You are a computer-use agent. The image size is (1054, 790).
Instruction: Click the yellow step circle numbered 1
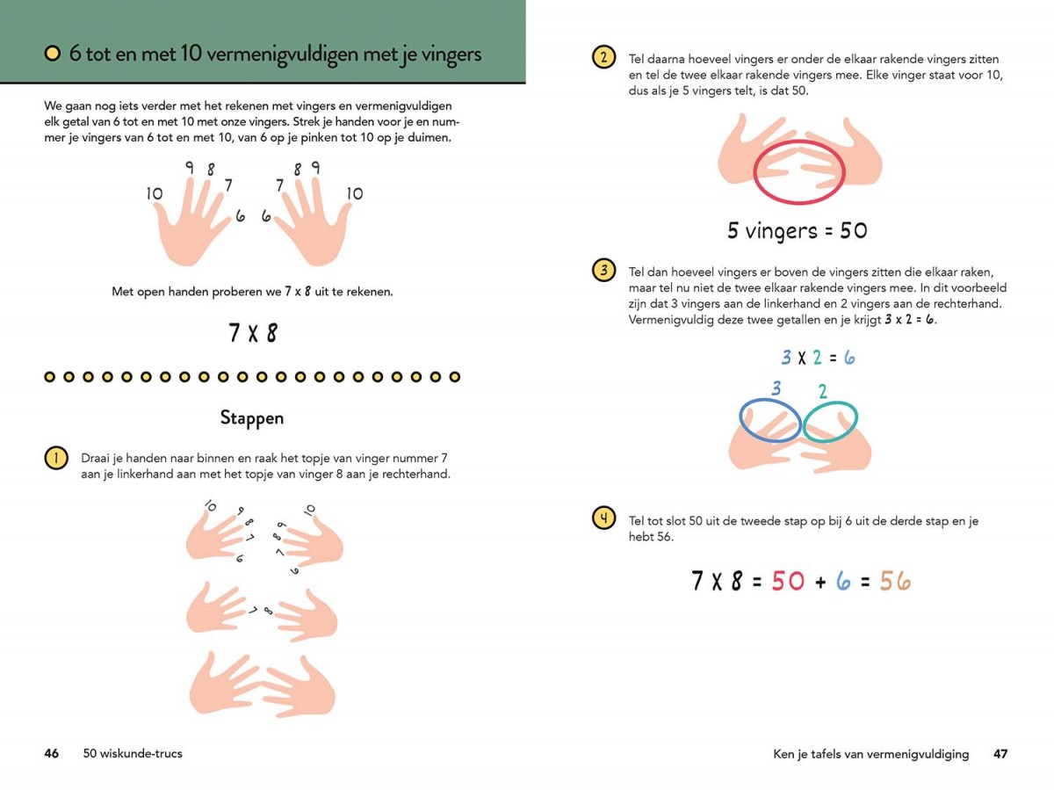click(56, 458)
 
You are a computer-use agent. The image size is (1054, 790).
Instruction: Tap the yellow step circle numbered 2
click(603, 57)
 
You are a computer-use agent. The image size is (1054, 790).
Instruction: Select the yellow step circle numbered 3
click(603, 270)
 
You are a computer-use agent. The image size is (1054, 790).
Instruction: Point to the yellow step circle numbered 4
click(603, 518)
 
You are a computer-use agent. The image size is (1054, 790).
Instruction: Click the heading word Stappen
click(252, 417)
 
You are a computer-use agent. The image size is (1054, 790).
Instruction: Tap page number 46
click(51, 753)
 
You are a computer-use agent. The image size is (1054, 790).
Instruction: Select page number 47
click(1000, 753)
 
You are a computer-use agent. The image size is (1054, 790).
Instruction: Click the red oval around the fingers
click(754, 171)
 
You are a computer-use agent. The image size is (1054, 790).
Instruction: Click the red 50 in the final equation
click(788, 581)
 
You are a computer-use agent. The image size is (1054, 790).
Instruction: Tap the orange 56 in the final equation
click(895, 581)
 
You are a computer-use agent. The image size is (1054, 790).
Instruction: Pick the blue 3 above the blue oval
click(776, 388)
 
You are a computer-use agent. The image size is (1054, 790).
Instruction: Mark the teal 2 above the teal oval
click(822, 391)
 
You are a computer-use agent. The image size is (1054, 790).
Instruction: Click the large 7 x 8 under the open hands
click(253, 332)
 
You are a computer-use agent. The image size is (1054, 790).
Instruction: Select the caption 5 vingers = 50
click(798, 230)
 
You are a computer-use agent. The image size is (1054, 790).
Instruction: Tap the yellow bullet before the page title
click(53, 54)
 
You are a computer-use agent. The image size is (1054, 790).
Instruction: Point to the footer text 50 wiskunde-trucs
click(133, 753)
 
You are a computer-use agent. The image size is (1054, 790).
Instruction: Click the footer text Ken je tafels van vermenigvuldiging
click(870, 754)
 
